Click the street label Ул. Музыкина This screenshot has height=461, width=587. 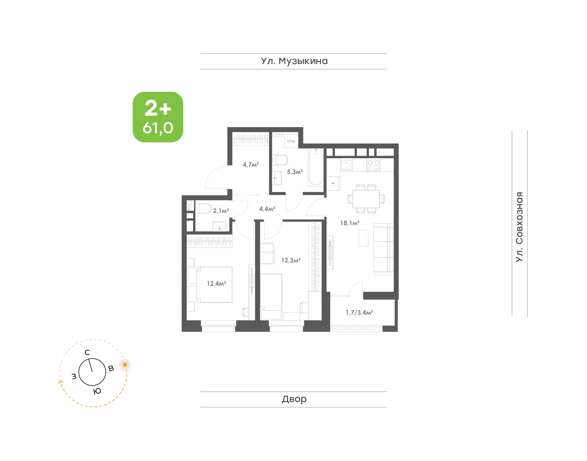[294, 61]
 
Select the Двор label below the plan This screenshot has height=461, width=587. [294, 399]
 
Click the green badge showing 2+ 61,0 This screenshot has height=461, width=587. [158, 117]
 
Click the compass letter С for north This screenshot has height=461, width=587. [87, 352]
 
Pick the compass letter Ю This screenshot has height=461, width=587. [97, 391]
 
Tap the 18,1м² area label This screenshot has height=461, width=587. [350, 223]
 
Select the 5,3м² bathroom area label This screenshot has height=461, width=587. [295, 172]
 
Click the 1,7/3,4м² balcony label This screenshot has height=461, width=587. [359, 313]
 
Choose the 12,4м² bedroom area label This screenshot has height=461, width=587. [216, 283]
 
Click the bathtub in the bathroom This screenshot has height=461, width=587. [316, 167]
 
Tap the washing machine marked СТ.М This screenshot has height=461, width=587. [291, 141]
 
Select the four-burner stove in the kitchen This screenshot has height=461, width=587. [373, 165]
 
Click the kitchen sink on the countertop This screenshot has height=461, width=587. [346, 165]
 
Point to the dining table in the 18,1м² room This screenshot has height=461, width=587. [366, 199]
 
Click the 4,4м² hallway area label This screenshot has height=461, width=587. [267, 209]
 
